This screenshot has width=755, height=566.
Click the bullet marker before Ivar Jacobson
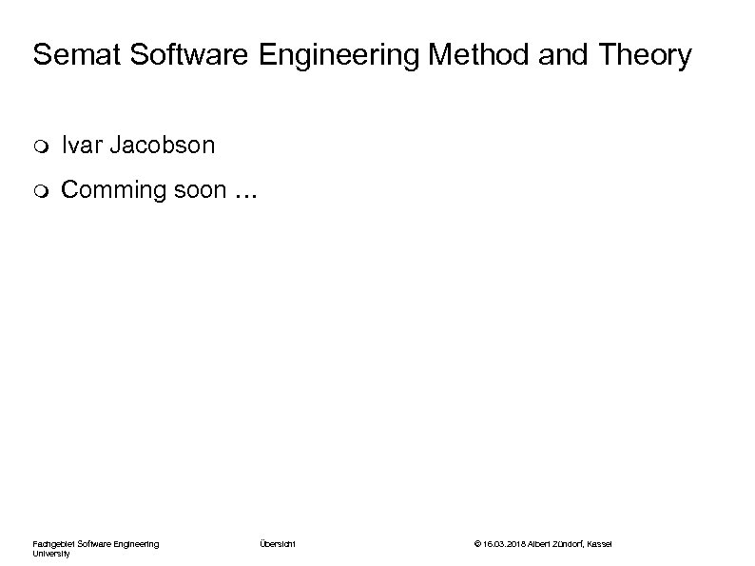click(x=39, y=146)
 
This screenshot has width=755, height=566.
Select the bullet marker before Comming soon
click(x=39, y=191)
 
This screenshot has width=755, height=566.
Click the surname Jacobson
click(x=163, y=146)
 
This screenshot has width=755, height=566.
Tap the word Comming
click(x=113, y=190)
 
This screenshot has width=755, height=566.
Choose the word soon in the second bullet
click(x=200, y=190)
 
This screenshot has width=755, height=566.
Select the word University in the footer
click(x=51, y=553)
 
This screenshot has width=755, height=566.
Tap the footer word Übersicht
click(x=277, y=543)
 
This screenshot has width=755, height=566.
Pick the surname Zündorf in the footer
click(x=568, y=543)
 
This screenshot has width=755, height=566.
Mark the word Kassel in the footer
click(x=601, y=543)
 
